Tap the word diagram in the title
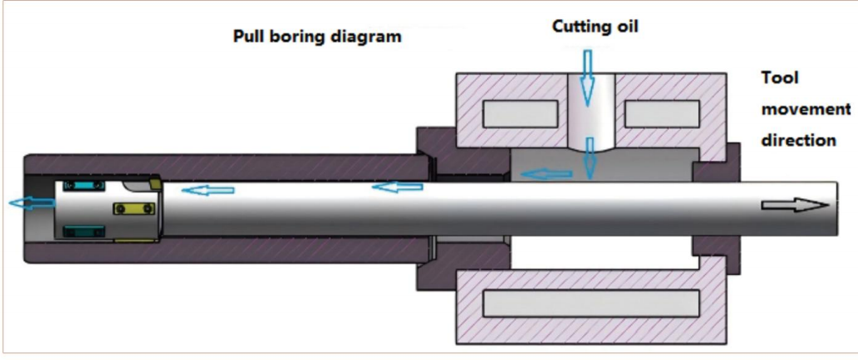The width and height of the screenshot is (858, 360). pyautogui.click(x=366, y=38)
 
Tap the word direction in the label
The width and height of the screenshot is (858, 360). pyautogui.click(x=798, y=140)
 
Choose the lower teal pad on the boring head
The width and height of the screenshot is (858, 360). pyautogui.click(x=81, y=229)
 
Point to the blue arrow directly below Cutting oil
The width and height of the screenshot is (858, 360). pyautogui.click(x=588, y=76)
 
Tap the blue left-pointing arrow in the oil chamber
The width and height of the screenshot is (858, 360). pyautogui.click(x=546, y=174)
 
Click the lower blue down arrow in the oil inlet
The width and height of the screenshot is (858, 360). pyautogui.click(x=590, y=157)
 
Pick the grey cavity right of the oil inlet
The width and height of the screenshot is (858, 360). pyautogui.click(x=660, y=112)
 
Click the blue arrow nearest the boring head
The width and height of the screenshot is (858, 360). pyautogui.click(x=208, y=191)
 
